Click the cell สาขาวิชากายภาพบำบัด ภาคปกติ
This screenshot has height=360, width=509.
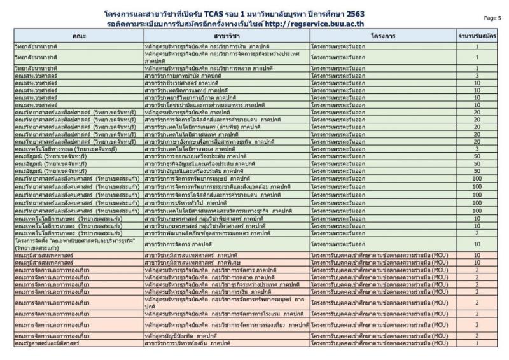[x=185, y=75]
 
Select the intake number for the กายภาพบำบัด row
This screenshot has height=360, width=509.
[x=477, y=75]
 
